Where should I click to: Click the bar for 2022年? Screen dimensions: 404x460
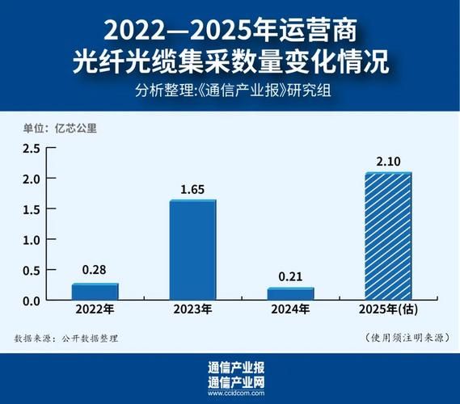tap(95, 292)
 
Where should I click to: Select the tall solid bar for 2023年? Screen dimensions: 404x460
tap(192, 250)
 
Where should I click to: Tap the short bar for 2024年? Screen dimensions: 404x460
tap(290, 293)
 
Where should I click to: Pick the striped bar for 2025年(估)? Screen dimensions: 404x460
tap(387, 236)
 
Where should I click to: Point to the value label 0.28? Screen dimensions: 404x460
tap(95, 270)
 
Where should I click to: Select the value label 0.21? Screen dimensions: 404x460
tap(290, 276)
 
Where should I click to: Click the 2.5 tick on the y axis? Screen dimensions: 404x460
tap(32, 149)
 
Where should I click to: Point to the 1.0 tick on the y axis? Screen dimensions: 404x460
tap(32, 240)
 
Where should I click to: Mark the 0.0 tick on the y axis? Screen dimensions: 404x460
tap(32, 301)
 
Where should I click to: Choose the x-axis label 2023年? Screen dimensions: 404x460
tap(192, 309)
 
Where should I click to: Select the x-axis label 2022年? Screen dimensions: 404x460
tap(95, 309)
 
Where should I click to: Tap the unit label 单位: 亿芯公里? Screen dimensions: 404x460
tap(59, 127)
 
